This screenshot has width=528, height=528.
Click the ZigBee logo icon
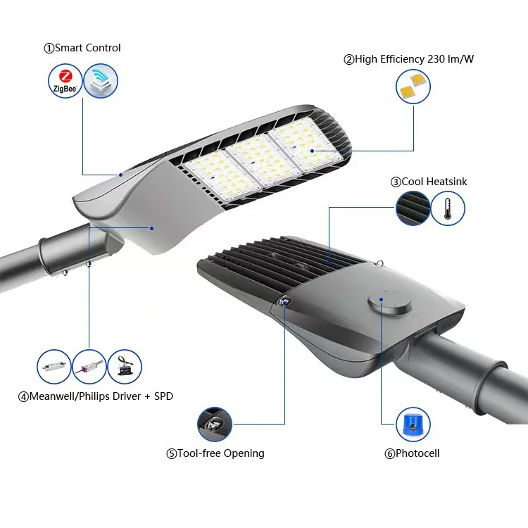[x=65, y=81]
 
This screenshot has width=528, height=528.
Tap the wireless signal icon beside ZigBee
[x=101, y=81]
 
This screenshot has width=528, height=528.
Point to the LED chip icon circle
[x=413, y=88]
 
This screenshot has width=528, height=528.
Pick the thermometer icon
[x=448, y=208]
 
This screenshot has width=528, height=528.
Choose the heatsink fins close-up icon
[x=413, y=208]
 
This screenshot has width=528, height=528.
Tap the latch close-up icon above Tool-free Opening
[x=215, y=424]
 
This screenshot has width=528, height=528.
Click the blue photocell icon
[x=413, y=424]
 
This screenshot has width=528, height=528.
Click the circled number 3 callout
[x=396, y=182]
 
